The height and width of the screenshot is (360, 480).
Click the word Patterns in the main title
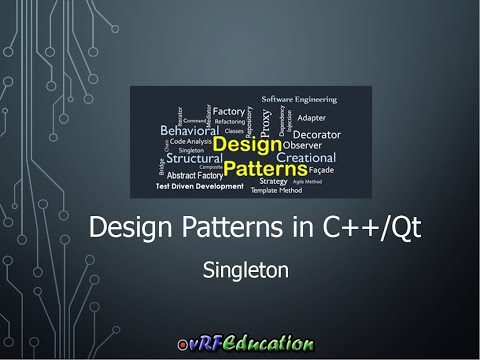point(243,229)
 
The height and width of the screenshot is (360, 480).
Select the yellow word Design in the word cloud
point(247,144)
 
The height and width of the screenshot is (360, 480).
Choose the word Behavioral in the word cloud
point(188,130)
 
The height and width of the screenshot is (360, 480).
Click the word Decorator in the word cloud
point(316,133)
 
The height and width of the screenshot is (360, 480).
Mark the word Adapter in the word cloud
point(312,117)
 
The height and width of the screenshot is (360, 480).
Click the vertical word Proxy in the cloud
point(265,122)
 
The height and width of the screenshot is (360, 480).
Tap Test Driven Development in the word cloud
point(198,186)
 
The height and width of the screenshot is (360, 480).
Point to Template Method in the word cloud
point(277,190)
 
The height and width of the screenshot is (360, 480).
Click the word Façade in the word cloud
point(322,171)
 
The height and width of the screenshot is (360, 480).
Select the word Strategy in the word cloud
point(273,181)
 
